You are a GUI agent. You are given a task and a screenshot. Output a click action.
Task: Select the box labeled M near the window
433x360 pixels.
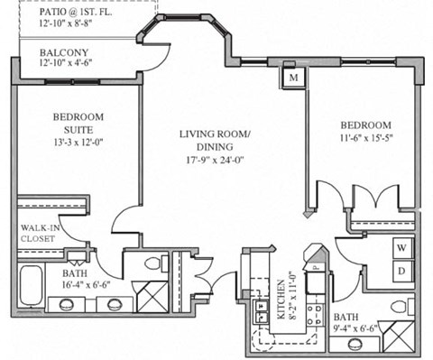(293, 78)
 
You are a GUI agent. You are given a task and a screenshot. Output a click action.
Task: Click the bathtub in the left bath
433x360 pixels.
(31, 286)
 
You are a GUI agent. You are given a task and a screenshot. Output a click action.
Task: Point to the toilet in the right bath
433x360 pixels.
(403, 307)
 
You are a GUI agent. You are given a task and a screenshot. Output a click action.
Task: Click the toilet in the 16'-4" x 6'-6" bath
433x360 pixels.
(156, 263)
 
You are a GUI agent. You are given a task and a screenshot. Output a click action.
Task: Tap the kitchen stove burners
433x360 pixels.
(316, 314)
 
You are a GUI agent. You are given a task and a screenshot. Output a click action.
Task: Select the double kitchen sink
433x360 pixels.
(261, 311)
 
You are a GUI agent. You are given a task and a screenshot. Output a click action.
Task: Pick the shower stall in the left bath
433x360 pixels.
(152, 297)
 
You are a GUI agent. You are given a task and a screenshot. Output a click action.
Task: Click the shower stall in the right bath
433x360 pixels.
(399, 337)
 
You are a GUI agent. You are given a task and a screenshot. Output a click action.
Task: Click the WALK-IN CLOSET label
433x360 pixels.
(40, 233)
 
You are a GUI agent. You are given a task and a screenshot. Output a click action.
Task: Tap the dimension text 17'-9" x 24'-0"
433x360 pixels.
(215, 161)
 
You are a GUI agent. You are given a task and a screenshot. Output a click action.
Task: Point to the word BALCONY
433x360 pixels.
(64, 52)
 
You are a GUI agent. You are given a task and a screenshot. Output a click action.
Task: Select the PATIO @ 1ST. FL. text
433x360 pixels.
(76, 12)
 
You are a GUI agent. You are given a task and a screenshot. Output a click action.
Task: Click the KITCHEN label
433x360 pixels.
(281, 300)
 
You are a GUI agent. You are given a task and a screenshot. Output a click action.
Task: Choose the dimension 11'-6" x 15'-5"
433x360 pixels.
(367, 138)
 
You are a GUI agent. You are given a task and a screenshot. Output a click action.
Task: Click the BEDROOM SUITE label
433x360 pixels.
(78, 124)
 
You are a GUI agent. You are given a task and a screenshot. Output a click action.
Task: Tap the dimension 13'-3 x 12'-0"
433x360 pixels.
(78, 143)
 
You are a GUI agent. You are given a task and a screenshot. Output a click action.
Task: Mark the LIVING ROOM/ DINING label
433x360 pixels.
(215, 141)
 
